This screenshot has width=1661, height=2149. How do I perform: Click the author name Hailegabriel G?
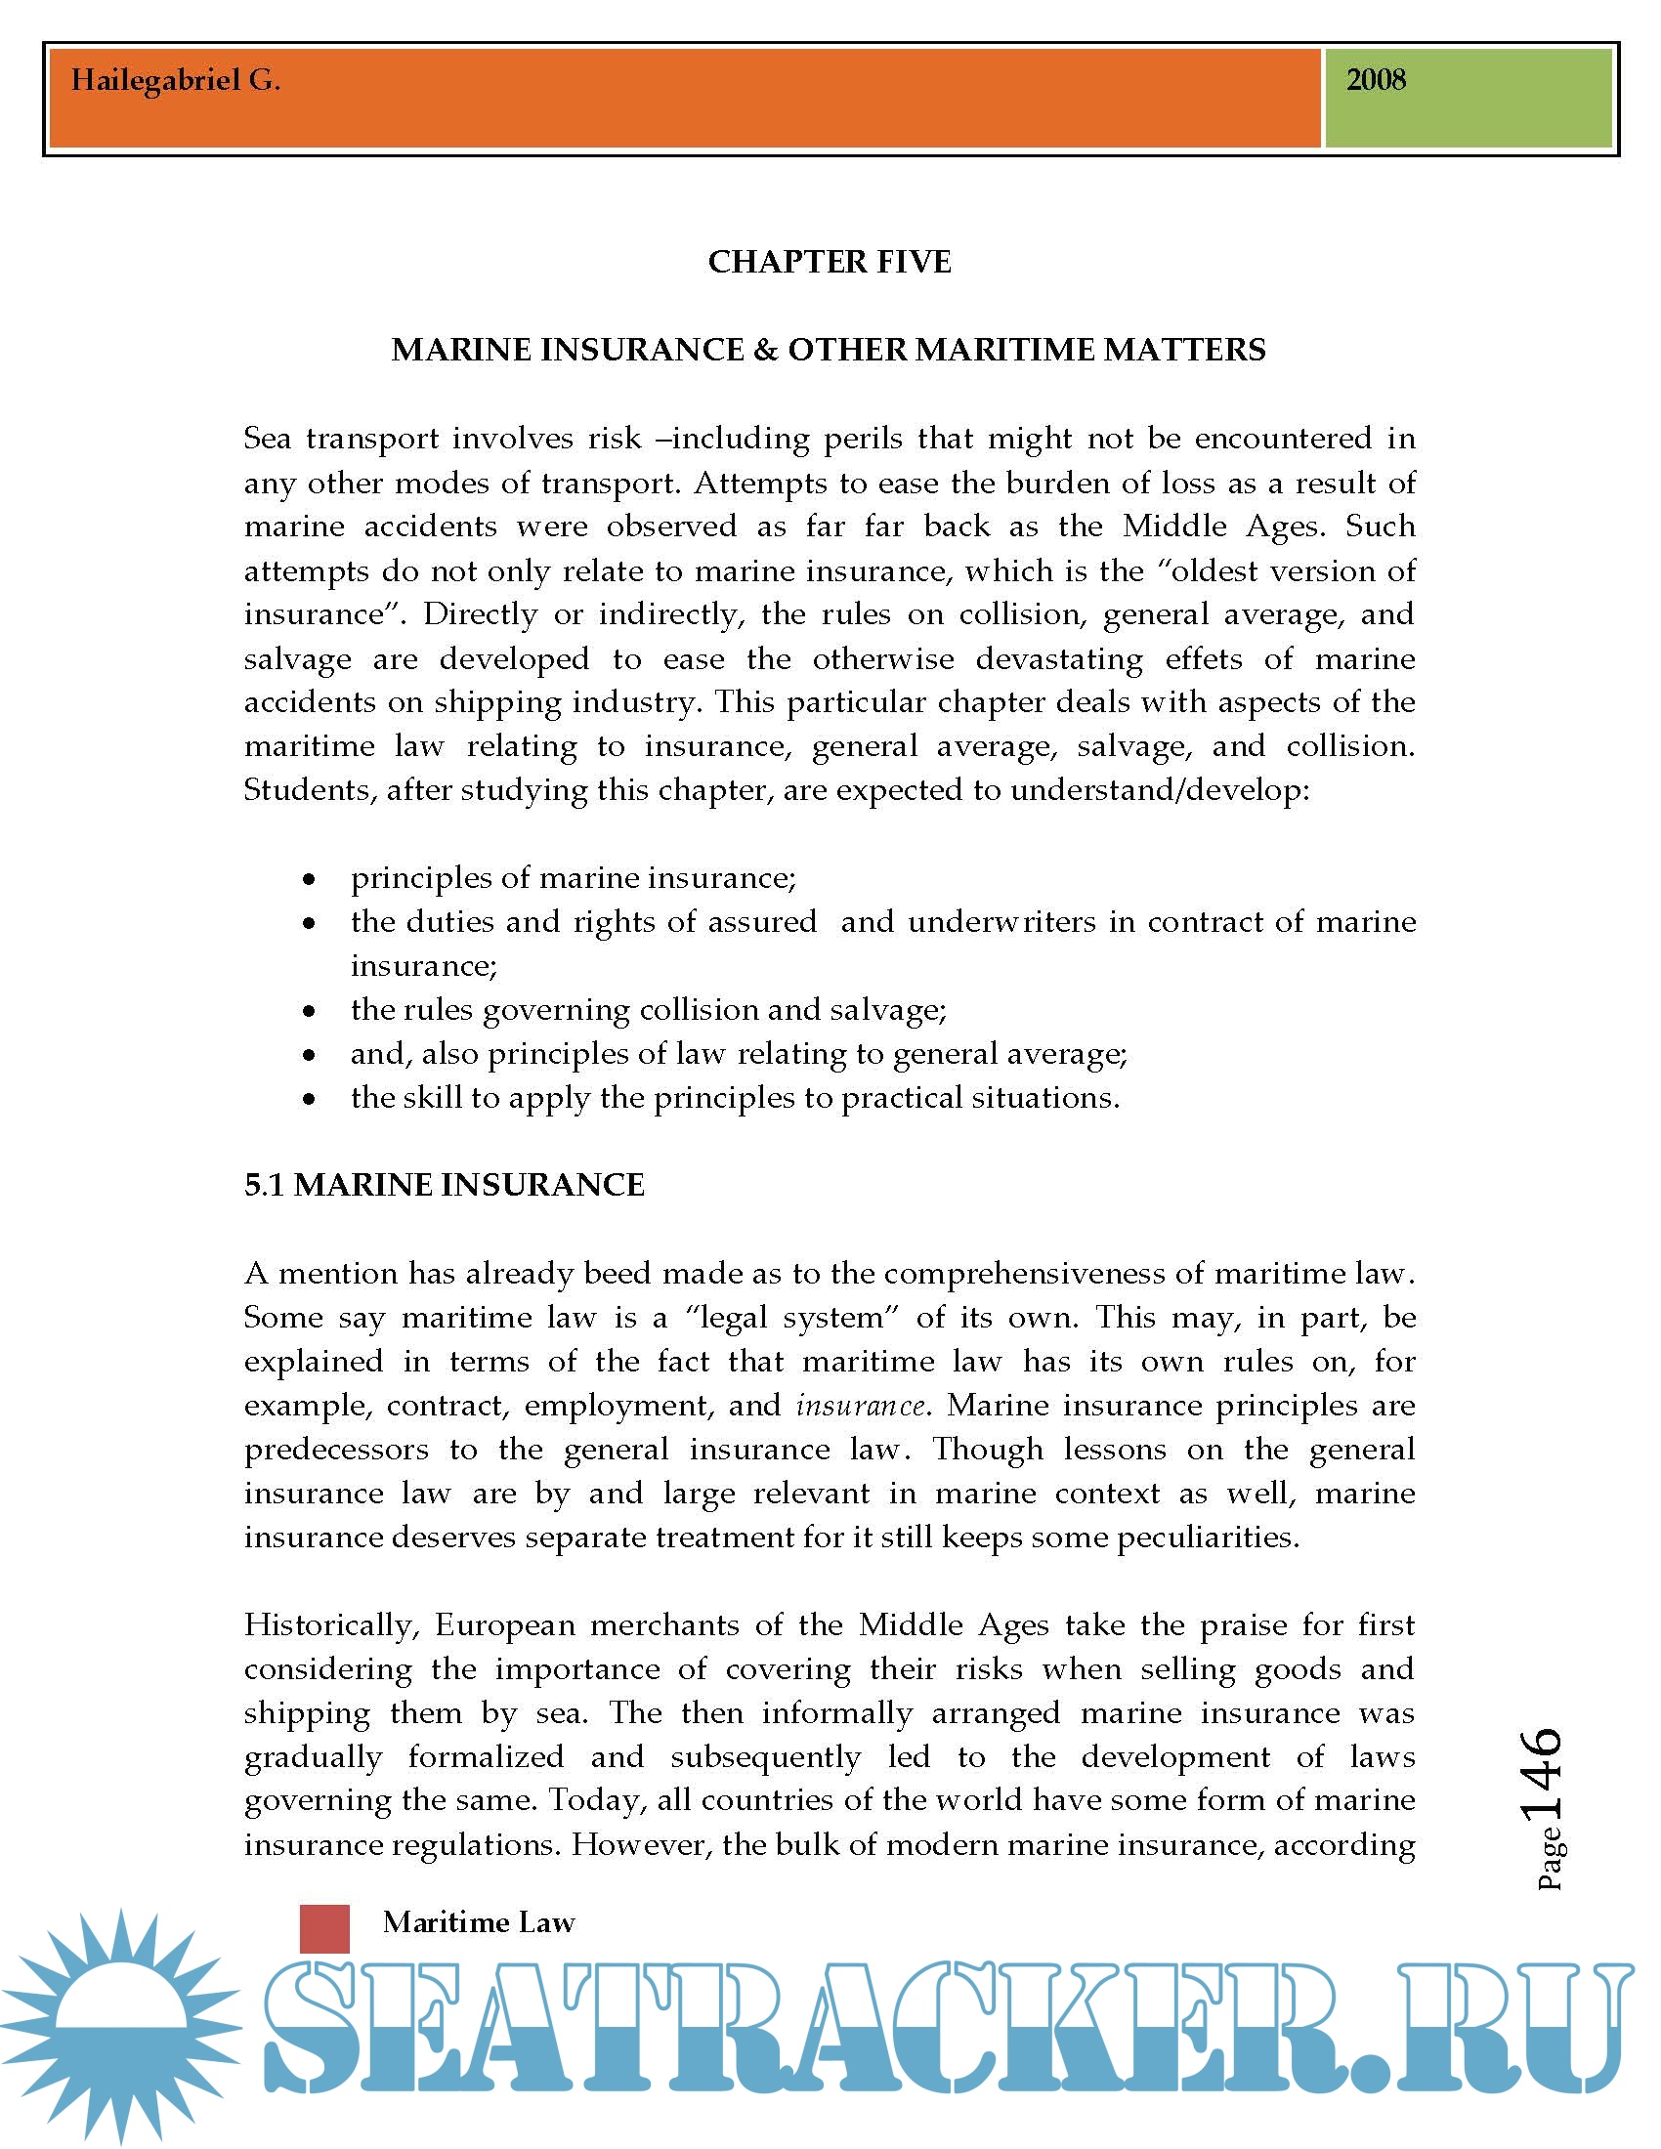point(175,81)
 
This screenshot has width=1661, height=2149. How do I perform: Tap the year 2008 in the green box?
point(1376,80)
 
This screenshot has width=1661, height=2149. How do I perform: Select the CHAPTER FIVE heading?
point(830,262)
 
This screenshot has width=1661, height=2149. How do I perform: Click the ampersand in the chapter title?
point(765,351)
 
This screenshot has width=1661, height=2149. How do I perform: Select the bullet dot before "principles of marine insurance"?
point(310,879)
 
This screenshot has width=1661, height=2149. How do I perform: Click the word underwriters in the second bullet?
point(1001,922)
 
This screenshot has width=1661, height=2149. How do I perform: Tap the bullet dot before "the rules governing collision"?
point(310,1011)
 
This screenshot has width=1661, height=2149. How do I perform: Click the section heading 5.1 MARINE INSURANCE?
point(444,1185)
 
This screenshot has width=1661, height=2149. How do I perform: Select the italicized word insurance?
point(860,1405)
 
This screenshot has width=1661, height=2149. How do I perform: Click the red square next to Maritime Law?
point(324,1928)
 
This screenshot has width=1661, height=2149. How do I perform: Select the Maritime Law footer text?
point(478,1922)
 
